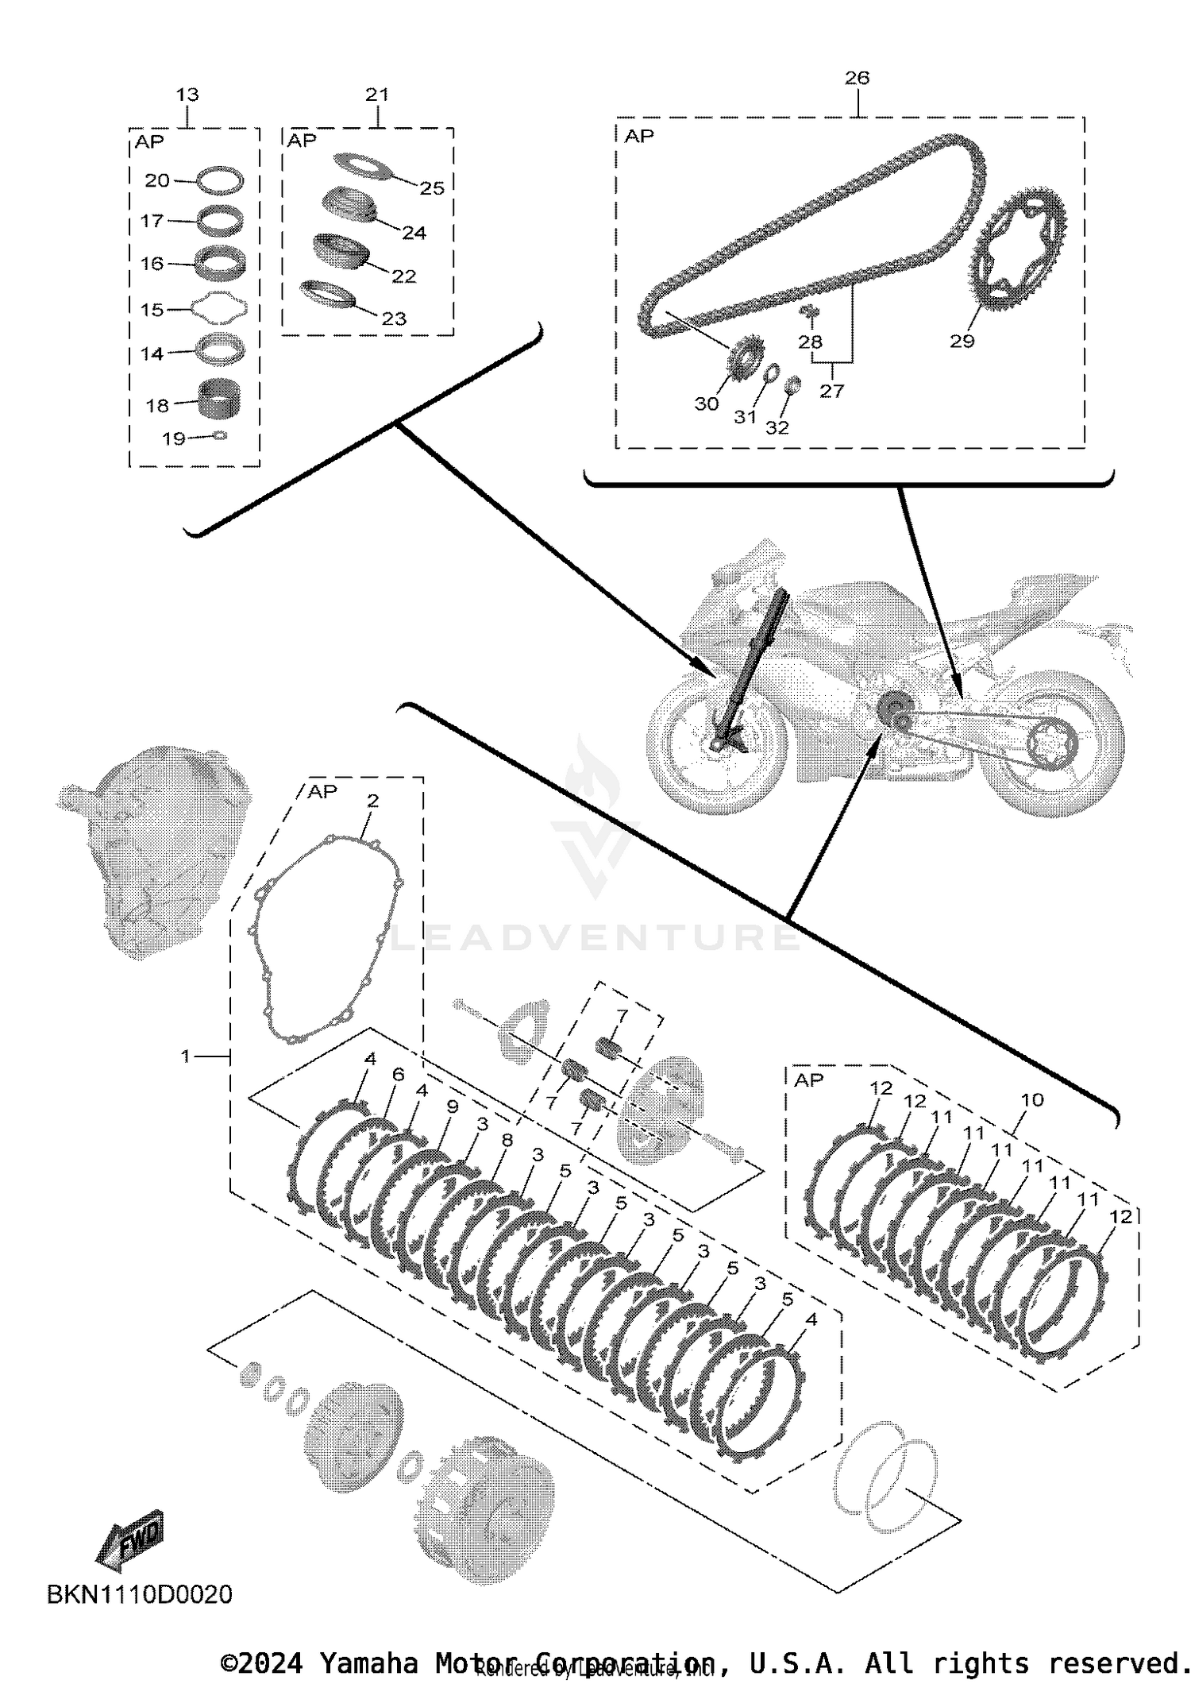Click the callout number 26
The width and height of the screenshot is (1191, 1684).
tap(857, 78)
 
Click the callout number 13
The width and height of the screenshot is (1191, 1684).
tap(187, 95)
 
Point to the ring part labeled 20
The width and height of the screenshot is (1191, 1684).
tap(220, 180)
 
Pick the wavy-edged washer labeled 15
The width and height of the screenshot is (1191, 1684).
tap(218, 308)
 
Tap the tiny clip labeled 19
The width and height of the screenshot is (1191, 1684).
tap(220, 435)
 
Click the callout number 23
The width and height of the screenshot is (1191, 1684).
tap(394, 319)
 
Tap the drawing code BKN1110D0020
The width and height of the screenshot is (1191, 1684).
tap(140, 1594)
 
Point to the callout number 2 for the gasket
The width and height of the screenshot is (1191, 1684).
tap(372, 801)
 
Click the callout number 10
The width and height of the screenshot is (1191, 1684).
tap(1031, 1099)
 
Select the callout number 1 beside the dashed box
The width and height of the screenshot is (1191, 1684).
tap(186, 1056)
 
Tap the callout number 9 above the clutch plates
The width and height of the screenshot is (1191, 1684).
tap(453, 1106)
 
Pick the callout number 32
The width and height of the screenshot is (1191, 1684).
tap(777, 427)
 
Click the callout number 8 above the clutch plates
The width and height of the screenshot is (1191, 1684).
tap(507, 1140)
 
